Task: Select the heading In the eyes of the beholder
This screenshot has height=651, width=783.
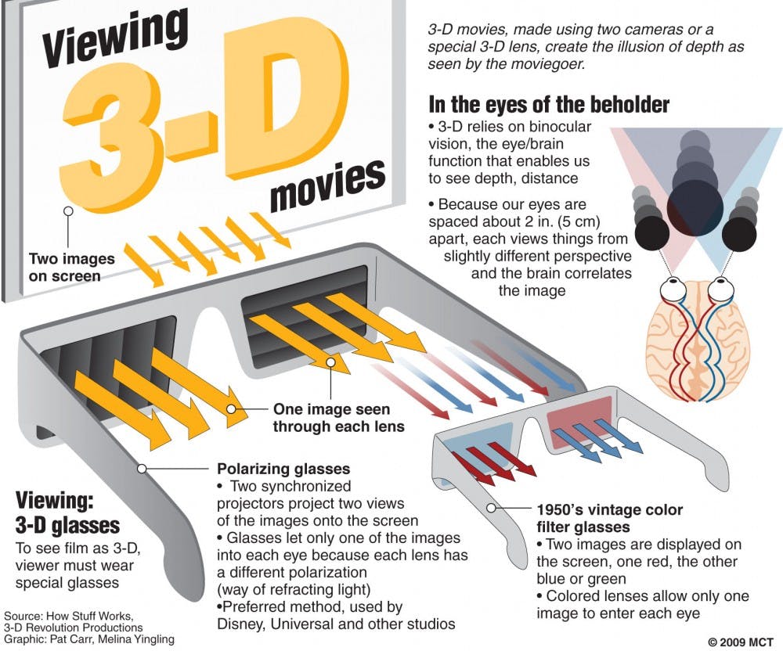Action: click(x=549, y=104)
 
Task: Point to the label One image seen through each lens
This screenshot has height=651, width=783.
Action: click(x=337, y=418)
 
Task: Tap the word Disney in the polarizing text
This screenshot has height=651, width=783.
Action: click(x=243, y=624)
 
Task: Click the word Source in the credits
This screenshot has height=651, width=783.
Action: click(x=25, y=616)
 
